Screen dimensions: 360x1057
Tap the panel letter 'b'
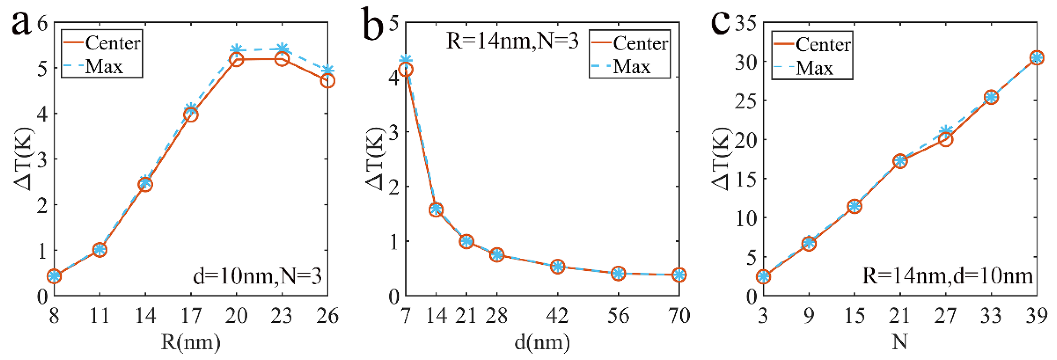374,25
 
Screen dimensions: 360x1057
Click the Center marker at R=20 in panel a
236,60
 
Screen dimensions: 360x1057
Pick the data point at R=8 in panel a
54,276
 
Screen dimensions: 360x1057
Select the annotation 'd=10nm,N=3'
257,276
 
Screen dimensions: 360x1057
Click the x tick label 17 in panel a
191,316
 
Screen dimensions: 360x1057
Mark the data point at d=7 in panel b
406,69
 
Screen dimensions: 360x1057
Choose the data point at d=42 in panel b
558,266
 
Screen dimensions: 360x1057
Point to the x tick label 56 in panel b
618,316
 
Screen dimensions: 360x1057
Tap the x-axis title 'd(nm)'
542,342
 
